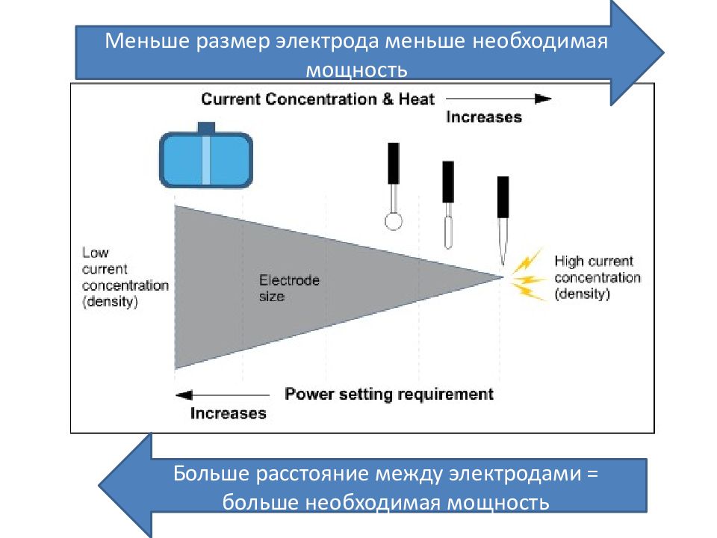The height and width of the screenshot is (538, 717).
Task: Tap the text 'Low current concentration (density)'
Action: (125, 277)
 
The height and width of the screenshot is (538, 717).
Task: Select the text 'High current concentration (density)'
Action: (597, 277)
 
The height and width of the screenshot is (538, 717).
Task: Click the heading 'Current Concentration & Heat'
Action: (317, 99)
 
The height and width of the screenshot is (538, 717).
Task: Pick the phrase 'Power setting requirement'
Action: (389, 394)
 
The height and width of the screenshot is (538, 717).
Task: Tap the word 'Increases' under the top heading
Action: (483, 117)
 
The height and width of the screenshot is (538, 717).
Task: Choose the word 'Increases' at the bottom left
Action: (229, 412)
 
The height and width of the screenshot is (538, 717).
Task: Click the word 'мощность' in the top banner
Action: (357, 71)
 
